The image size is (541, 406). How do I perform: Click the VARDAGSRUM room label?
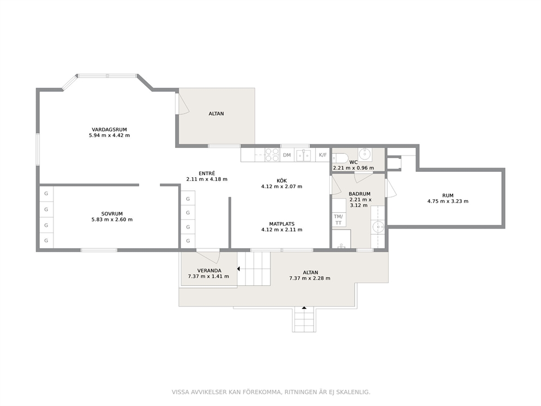pos(110,129)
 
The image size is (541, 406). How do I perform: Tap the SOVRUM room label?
pos(112,214)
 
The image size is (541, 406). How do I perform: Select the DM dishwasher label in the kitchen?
pos(287,155)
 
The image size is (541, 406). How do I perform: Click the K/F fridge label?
pos(323,155)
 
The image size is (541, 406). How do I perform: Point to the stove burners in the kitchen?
pos(272,154)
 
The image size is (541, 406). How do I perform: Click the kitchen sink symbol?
pos(304,155)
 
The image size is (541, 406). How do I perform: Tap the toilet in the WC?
pos(340,158)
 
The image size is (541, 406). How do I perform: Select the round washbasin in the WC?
pos(365,153)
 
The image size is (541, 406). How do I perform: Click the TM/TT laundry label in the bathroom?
pos(338,219)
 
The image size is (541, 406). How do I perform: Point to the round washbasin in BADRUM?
pos(378,227)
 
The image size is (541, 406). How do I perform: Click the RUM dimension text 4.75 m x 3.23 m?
pos(448,201)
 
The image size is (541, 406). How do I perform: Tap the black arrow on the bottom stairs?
pos(304,307)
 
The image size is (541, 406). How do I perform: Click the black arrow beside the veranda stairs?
pos(238,268)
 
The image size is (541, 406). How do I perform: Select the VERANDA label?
pos(209,271)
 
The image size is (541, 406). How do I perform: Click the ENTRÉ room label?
pos(207,174)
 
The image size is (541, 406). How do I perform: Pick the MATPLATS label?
pos(282,224)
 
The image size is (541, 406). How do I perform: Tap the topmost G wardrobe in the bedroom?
pos(46,194)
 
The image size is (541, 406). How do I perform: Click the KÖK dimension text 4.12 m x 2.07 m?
pos(281,187)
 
